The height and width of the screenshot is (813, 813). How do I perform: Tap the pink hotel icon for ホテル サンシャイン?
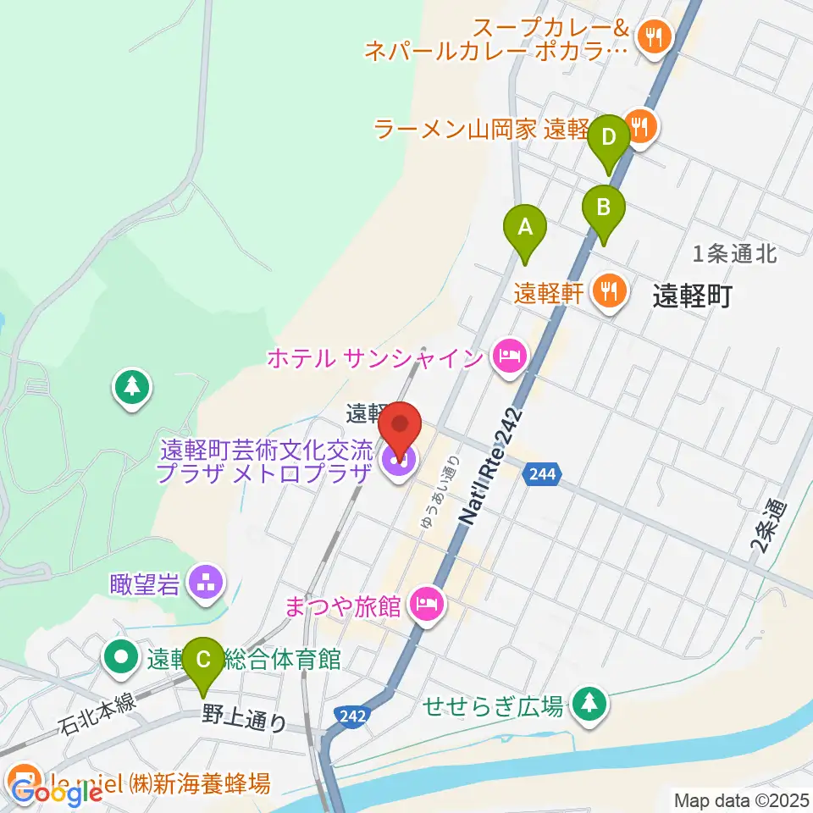click(x=508, y=356)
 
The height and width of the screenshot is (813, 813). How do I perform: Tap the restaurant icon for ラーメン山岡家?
click(x=640, y=127)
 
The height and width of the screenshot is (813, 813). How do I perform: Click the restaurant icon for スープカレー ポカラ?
click(x=654, y=36)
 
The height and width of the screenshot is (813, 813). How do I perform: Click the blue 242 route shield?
click(x=350, y=716)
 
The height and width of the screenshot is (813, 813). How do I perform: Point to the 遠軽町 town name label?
click(x=691, y=296)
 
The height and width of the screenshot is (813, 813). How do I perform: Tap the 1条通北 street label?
click(x=734, y=252)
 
